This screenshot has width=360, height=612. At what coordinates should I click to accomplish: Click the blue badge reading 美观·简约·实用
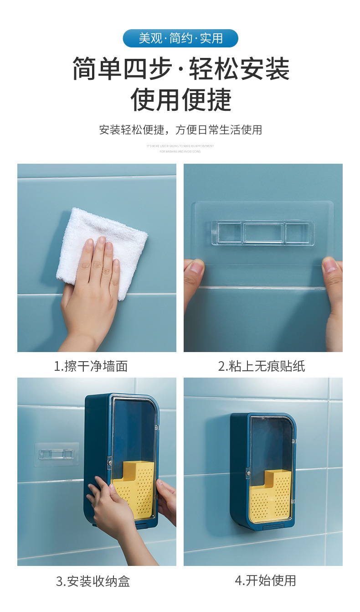pos(180,38)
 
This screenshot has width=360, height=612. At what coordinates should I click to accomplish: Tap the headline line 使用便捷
pos(181,99)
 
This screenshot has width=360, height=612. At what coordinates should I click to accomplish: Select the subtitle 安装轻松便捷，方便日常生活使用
pos(180,130)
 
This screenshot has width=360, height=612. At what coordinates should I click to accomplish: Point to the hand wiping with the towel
pos(91,292)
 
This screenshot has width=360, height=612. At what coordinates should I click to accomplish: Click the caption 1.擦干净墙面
pos(91,366)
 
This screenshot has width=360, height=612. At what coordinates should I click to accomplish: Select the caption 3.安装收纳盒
pos(93,581)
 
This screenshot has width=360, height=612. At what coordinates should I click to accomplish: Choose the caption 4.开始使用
pos(265,580)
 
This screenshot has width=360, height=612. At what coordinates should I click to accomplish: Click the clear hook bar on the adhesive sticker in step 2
pos(262,233)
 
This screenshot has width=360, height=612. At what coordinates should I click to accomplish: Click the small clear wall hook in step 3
pos(56,454)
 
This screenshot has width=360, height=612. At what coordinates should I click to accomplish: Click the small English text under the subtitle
pos(180,149)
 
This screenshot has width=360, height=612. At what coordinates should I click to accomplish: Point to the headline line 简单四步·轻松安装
pos(180,69)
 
